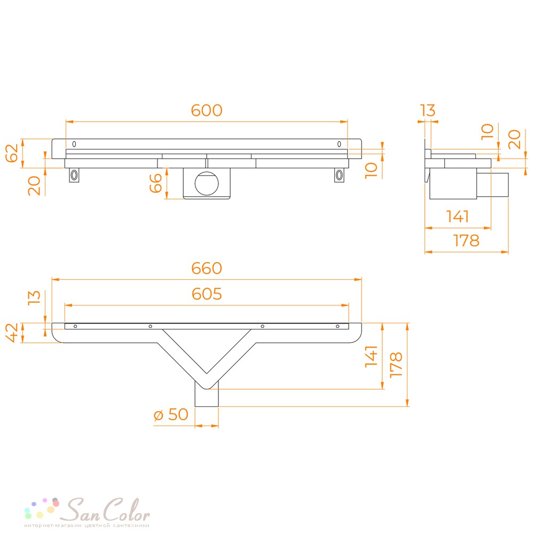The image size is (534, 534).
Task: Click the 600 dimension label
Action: coord(206,111)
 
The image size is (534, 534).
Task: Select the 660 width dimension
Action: coord(206,268)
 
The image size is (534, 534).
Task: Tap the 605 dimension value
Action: coord(206,294)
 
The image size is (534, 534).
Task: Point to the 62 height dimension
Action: coord(12,153)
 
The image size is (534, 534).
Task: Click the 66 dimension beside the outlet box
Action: coord(155,183)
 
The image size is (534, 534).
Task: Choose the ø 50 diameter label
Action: coord(171,414)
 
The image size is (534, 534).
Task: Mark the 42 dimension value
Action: coord(12,332)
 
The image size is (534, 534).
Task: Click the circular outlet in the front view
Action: coord(207,183)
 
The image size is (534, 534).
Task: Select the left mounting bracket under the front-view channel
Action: coord(74,175)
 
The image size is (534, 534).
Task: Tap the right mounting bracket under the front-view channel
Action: coord(339,175)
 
